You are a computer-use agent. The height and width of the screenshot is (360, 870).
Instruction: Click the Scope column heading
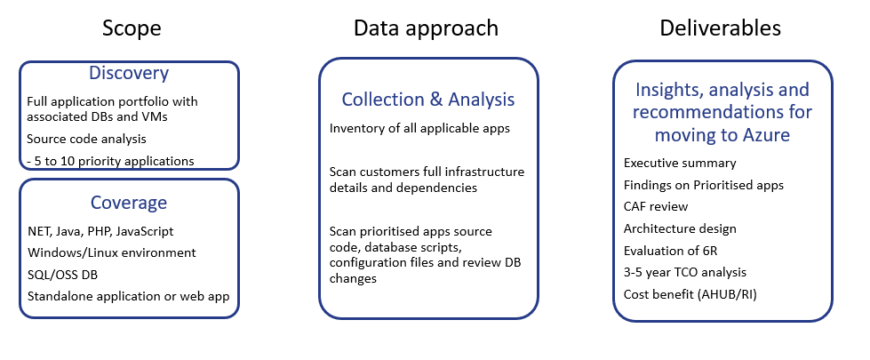pos(132,28)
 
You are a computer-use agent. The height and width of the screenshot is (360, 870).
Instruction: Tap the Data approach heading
pos(427,28)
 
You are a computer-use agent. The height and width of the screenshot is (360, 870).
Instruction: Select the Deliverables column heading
pos(720,28)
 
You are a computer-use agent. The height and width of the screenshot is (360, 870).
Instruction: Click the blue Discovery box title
pos(129,73)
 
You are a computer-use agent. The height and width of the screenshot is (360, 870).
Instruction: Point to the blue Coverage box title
pos(129,203)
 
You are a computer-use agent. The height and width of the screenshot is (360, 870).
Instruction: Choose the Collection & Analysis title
pos(427,100)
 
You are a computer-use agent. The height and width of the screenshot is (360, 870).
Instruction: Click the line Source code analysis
pos(86,140)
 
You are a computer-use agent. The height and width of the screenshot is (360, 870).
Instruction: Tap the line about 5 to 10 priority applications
pos(110,161)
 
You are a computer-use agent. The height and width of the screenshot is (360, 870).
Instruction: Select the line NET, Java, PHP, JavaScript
pos(100,231)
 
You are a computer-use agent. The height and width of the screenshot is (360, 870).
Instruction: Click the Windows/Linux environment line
pos(111,253)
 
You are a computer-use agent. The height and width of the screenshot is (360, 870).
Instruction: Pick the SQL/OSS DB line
pos(63,275)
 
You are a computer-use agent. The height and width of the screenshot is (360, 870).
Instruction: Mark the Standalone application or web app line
pos(128,296)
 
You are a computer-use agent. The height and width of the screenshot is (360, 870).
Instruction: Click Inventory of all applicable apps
pos(419,128)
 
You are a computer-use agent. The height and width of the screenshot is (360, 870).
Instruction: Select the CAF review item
pos(656,206)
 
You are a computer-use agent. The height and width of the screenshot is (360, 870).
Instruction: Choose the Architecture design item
pos(680,228)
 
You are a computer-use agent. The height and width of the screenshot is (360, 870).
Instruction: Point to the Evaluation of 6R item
pos(670,251)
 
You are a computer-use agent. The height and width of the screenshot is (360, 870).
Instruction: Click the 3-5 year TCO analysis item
pos(684,272)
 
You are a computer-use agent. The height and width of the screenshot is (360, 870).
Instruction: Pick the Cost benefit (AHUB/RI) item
pos(690,294)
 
